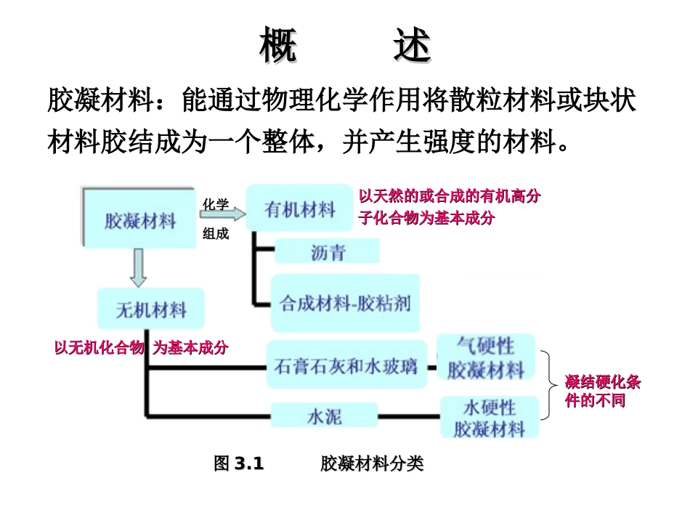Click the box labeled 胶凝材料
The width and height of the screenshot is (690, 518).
[139, 219]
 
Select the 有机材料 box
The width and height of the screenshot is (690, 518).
[300, 209]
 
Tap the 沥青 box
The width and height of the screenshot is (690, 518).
[328, 252]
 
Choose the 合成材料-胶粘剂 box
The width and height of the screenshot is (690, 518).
[345, 302]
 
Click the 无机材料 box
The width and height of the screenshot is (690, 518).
[151, 309]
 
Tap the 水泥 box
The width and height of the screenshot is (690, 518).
[324, 416]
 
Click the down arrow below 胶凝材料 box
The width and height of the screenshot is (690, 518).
[139, 268]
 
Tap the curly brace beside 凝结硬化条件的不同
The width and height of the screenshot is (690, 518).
[553, 384]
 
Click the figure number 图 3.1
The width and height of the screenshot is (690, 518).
[238, 464]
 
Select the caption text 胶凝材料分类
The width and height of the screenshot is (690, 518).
[371, 464]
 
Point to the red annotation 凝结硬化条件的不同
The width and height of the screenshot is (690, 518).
[602, 392]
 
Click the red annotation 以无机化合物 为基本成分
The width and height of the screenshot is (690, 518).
[141, 348]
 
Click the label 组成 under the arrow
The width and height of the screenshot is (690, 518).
[216, 234]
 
